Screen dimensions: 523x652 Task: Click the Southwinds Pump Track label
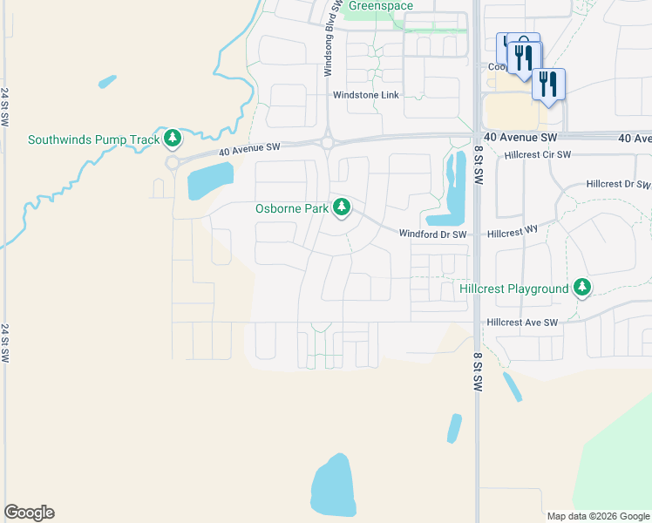[x=94, y=139]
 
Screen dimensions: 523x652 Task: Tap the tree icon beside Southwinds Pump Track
[x=173, y=138]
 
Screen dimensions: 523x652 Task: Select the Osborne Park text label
[x=292, y=209]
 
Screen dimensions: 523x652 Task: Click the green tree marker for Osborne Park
[x=343, y=207]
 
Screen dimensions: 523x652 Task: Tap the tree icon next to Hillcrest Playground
[x=581, y=288]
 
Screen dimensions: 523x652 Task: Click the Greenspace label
[x=381, y=6]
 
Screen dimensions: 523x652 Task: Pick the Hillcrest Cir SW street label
[x=537, y=155]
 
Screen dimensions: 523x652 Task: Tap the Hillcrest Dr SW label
[x=617, y=185]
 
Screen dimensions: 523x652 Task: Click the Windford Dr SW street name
[x=433, y=234]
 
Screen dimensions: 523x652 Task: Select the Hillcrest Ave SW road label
[x=522, y=323]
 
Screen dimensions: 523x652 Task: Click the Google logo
[x=29, y=513]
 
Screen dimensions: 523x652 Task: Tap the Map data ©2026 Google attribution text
[x=597, y=516]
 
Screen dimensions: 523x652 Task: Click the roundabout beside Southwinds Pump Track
[x=172, y=162]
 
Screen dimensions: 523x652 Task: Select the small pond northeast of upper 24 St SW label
[x=107, y=82]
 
